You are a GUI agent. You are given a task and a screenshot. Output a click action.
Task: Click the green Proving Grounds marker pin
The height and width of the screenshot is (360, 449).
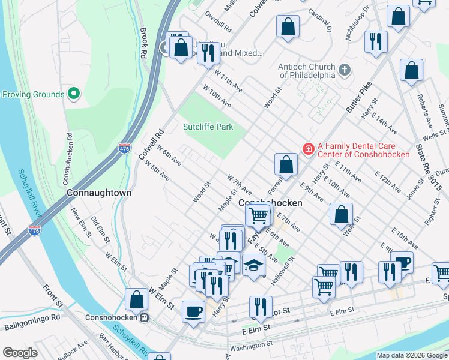(74, 94)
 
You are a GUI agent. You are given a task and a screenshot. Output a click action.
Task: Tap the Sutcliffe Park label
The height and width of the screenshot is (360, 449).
(208, 127)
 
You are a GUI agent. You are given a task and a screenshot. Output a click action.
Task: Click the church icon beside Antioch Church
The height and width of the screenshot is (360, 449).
(345, 70)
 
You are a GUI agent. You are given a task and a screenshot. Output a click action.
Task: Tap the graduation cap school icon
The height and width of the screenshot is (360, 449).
(254, 265)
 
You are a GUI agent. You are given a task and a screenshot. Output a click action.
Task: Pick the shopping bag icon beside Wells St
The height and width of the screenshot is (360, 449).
(341, 214)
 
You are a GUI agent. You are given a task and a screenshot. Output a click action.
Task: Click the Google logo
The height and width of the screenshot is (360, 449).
(20, 353)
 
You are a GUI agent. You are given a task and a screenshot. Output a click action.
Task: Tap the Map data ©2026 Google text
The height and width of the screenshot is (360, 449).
(411, 355)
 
